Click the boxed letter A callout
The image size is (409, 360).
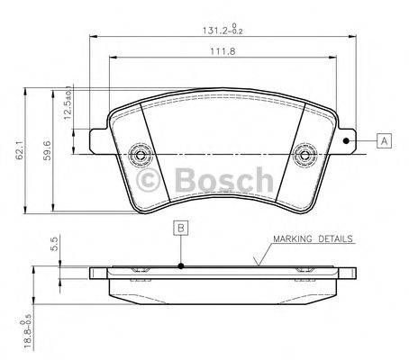[x=385, y=140]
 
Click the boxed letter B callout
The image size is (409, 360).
[x=181, y=228]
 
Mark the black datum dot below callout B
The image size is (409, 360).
[x=181, y=265]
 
